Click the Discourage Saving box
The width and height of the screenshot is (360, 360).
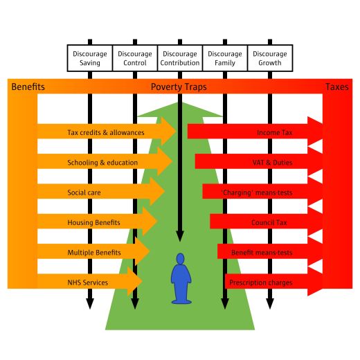point(90,58)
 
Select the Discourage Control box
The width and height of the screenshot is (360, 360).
point(135,58)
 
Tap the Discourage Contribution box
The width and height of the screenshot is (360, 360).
point(180,58)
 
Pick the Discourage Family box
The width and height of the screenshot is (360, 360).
point(225,58)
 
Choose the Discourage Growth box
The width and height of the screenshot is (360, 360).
point(270,58)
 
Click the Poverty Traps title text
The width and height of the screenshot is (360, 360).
point(179,87)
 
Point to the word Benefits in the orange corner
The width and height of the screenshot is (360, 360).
point(28,87)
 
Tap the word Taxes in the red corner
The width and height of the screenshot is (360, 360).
point(337,87)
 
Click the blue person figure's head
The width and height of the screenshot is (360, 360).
point(180,258)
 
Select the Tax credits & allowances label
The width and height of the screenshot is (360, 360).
point(106,132)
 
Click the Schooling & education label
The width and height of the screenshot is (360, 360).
point(102,163)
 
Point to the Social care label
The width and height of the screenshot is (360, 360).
point(84,192)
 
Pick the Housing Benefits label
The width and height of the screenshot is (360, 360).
point(93,222)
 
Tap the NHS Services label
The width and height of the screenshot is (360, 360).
point(88,282)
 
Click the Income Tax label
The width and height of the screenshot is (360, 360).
point(275,132)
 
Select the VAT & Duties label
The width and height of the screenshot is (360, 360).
point(273,163)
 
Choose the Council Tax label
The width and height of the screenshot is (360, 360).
point(269,222)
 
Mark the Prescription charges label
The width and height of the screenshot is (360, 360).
point(261,282)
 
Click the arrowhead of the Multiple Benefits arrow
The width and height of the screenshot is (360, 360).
point(143,251)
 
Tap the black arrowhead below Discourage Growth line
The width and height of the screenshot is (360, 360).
point(270,303)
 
